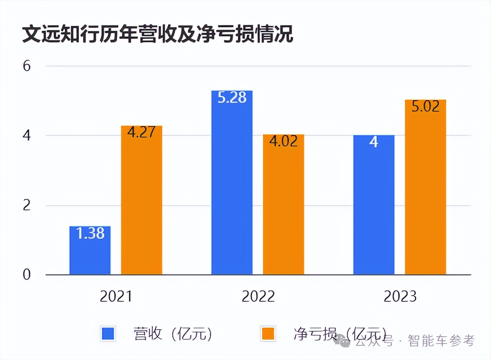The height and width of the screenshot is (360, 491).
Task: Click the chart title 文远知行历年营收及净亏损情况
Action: point(157,34)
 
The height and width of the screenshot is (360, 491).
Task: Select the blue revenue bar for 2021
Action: point(90,251)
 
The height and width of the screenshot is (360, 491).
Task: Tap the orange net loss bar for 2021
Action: point(142,202)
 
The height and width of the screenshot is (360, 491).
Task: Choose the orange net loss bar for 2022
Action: point(283,206)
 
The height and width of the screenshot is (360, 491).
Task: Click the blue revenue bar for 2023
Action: point(374,206)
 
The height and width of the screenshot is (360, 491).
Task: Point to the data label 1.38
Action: point(90,233)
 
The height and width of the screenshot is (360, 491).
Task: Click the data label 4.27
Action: point(142,132)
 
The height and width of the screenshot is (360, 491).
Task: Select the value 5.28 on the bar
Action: point(232,97)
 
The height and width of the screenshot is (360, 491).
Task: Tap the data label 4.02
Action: point(283,141)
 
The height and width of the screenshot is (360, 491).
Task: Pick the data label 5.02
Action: point(425,106)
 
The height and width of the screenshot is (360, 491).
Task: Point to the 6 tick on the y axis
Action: point(27,66)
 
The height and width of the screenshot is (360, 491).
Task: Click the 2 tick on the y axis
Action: point(27,205)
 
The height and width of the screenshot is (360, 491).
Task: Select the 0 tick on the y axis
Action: point(27,275)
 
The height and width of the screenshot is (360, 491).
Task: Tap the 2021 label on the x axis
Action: point(116,296)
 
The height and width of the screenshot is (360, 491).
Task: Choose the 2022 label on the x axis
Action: point(258,296)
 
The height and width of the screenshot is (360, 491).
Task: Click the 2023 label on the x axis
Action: point(400,296)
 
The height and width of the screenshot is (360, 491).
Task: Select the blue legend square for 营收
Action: point(108,334)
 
